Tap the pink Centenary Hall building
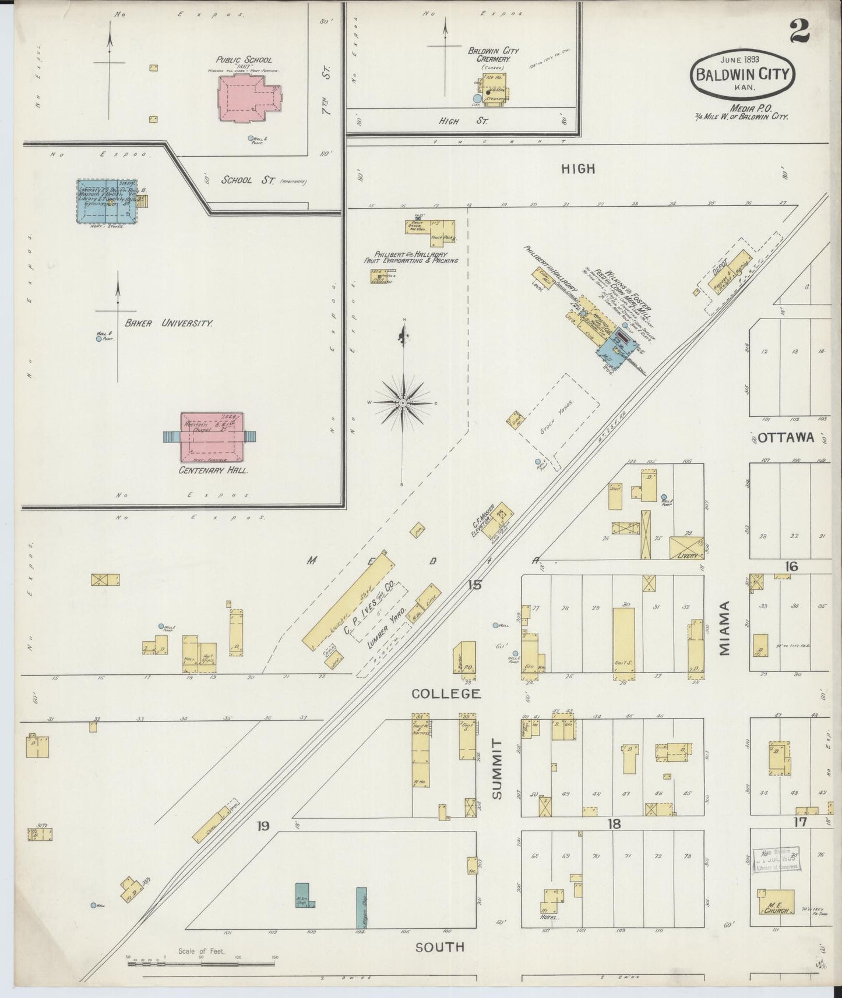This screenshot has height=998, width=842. pyautogui.click(x=212, y=437)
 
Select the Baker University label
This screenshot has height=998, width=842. pyautogui.click(x=167, y=323)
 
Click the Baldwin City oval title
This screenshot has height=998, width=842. pyautogui.click(x=742, y=75)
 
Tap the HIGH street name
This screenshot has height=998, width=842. pyautogui.click(x=578, y=169)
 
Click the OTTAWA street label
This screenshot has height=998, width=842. pyautogui.click(x=788, y=438)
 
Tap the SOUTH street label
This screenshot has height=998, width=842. pyautogui.click(x=440, y=947)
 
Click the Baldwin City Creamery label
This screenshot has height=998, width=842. pyautogui.click(x=494, y=55)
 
